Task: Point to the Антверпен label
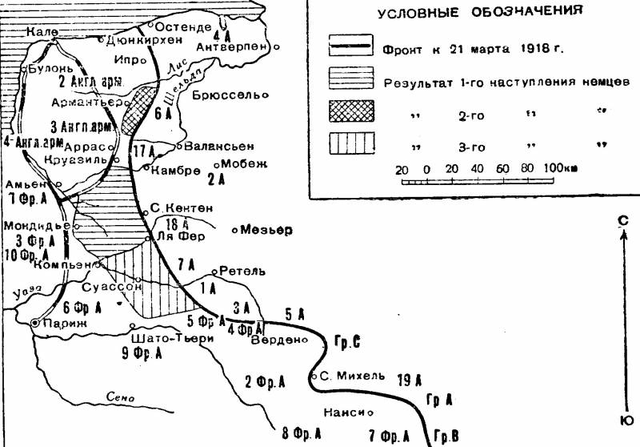tap(236, 46)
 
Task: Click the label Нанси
tap(345, 413)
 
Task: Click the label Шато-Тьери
tap(175, 338)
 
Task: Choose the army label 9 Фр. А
tap(143, 352)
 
